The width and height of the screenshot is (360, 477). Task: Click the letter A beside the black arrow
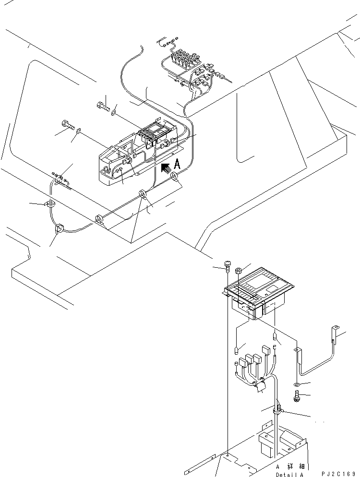click(x=177, y=164)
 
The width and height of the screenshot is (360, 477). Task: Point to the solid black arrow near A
click(x=166, y=168)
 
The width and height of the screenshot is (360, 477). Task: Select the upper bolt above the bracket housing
click(x=104, y=107)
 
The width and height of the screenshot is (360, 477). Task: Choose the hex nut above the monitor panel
click(x=239, y=271)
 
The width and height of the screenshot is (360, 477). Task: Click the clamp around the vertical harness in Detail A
click(x=277, y=410)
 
